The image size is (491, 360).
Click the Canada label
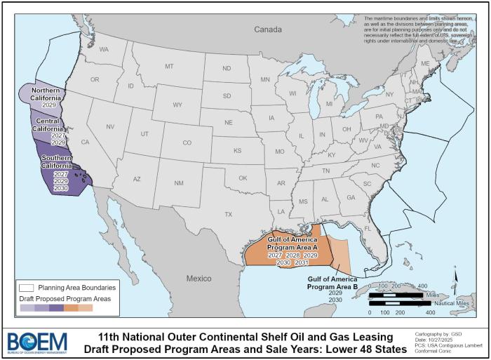[x=267, y=29]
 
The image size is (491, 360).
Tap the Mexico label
[x=199, y=279]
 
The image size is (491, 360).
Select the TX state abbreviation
[x=228, y=214]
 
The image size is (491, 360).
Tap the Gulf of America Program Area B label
[x=334, y=283]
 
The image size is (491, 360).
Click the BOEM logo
[x=36, y=342]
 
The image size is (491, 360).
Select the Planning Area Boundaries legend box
[x=27, y=287]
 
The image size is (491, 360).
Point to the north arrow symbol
[x=457, y=284]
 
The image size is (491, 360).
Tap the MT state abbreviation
[x=169, y=66]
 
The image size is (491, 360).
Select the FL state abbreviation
[x=367, y=228]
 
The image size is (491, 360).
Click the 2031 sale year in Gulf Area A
[x=301, y=262]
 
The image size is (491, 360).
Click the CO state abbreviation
[x=187, y=143]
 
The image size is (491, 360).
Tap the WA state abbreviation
[x=104, y=50]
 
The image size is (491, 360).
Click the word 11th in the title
[x=109, y=336]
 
